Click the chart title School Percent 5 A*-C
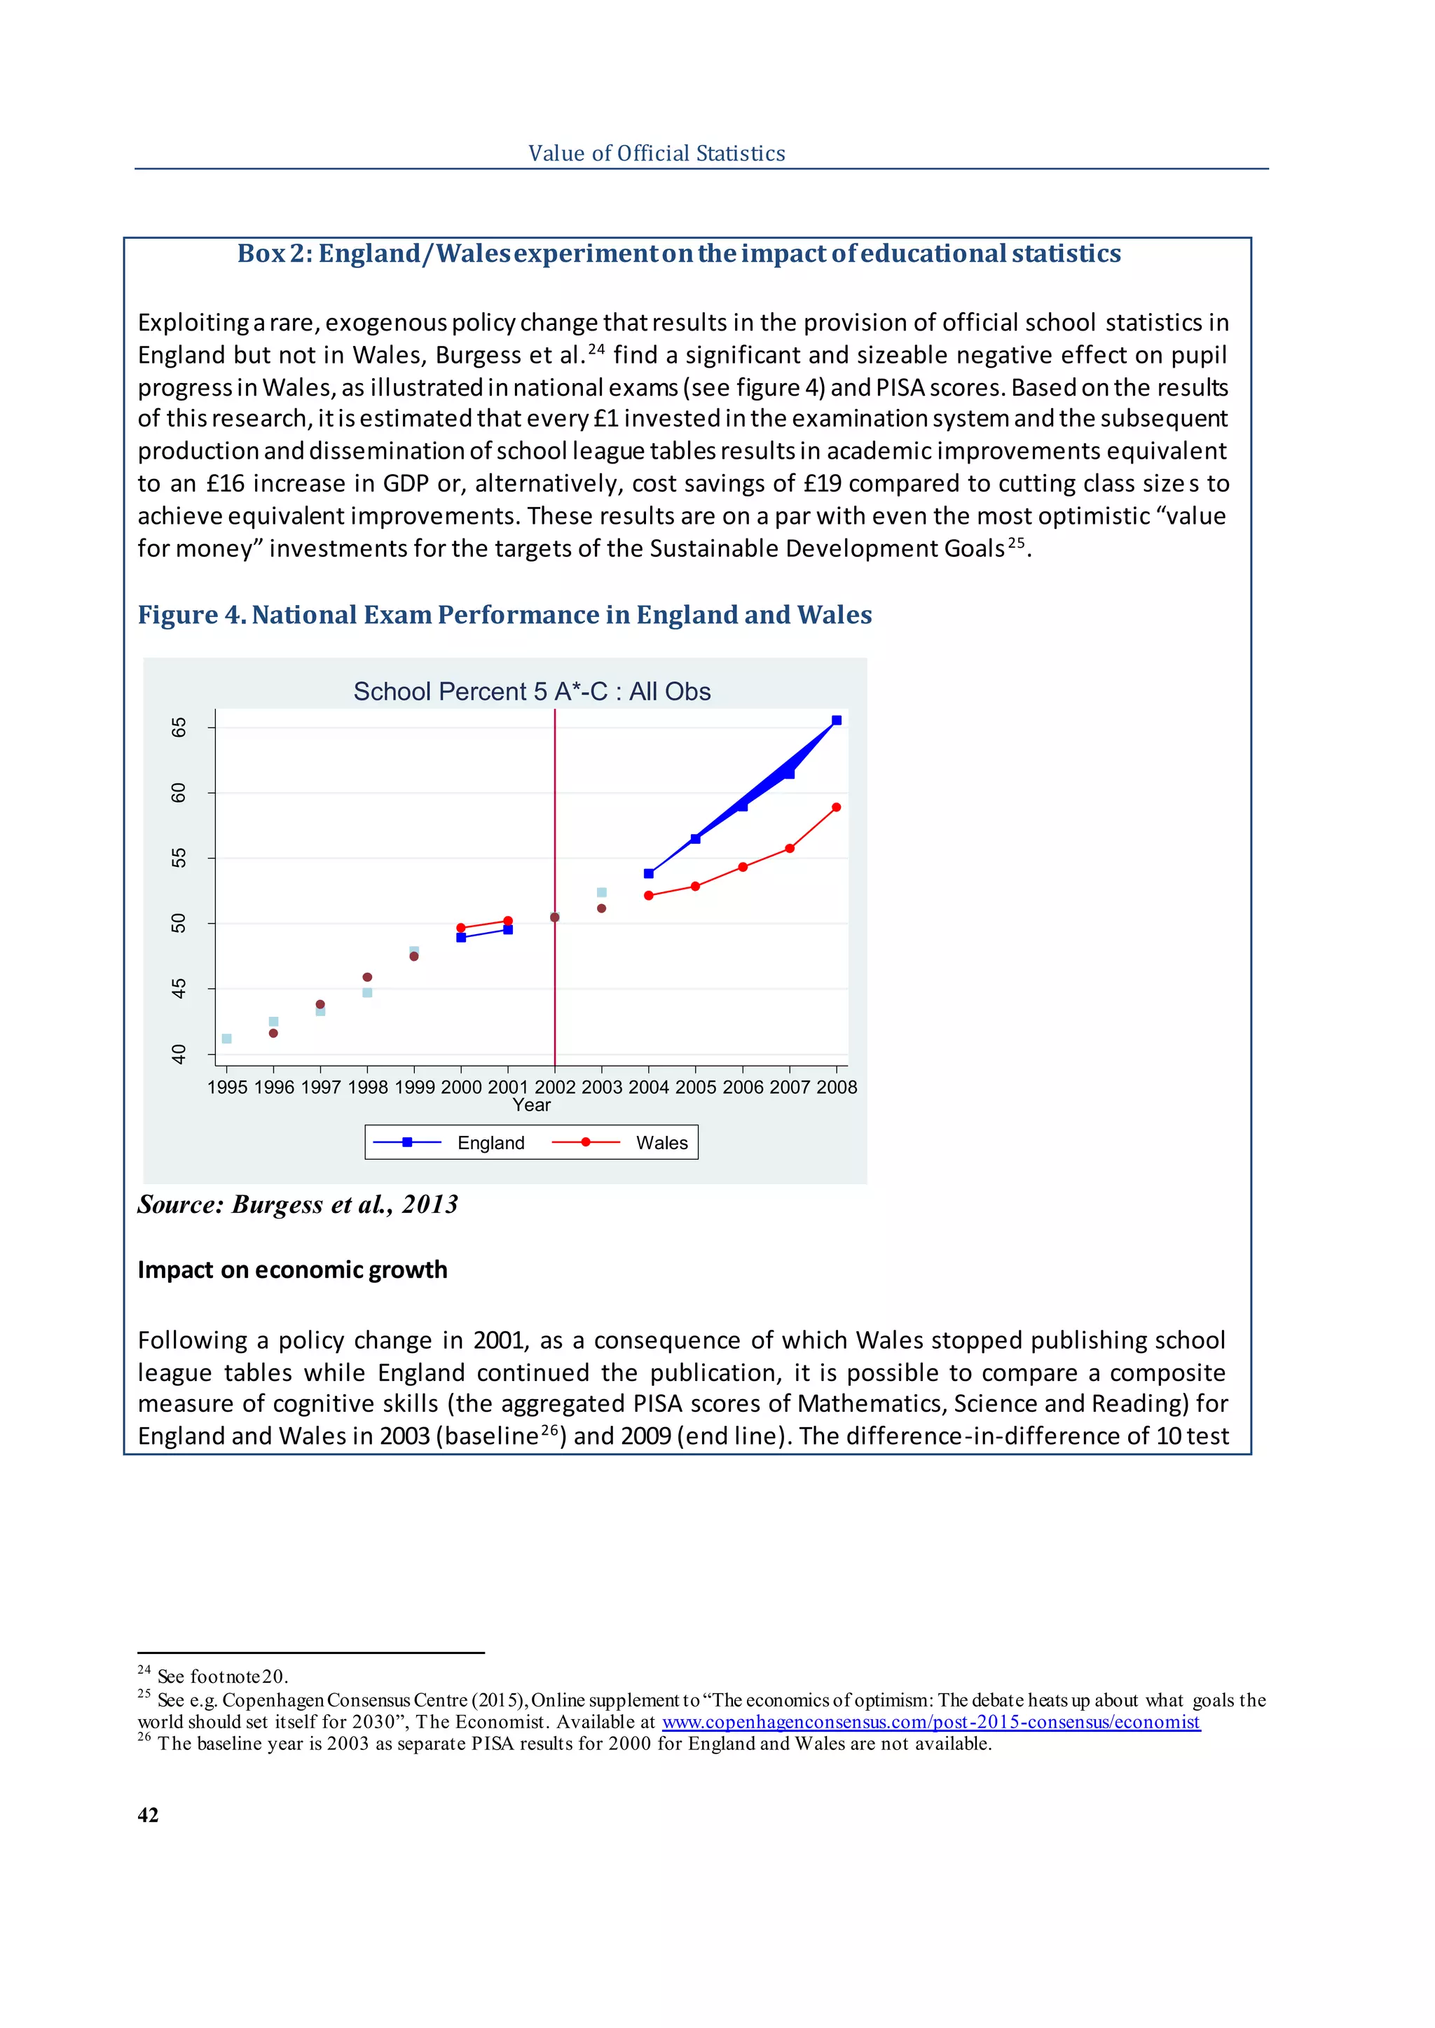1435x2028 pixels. pyautogui.click(x=531, y=692)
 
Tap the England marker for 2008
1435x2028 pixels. pyautogui.click(x=837, y=721)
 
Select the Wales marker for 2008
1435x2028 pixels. pyautogui.click(x=837, y=807)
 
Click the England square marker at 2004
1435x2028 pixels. pyautogui.click(x=649, y=873)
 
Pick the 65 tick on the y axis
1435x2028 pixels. pyautogui.click(x=179, y=727)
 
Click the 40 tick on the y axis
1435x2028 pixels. pyautogui.click(x=179, y=1054)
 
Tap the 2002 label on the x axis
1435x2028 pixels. pyautogui.click(x=555, y=1088)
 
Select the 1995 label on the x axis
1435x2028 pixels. pyautogui.click(x=227, y=1088)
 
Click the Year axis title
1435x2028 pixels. pyautogui.click(x=531, y=1105)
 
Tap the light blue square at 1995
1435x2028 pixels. pyautogui.click(x=227, y=1039)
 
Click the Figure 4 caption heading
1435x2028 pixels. pyautogui.click(x=504, y=615)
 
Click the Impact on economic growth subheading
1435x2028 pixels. pyautogui.click(x=292, y=1270)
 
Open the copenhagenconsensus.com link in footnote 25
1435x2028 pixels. pyautogui.click(x=931, y=1721)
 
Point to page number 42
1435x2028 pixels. pyautogui.click(x=149, y=1814)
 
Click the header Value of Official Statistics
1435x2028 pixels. pyautogui.click(x=657, y=153)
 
